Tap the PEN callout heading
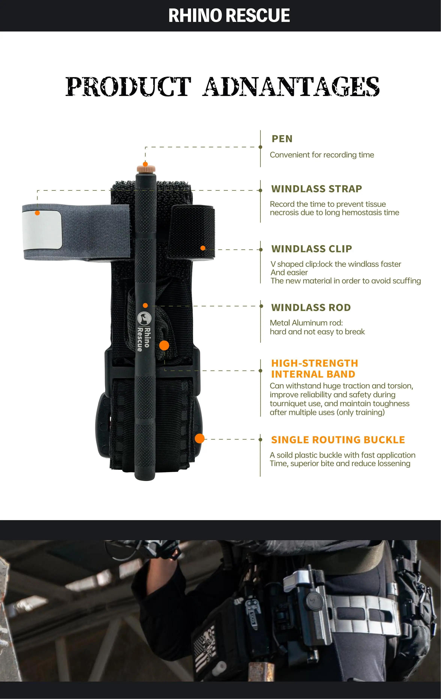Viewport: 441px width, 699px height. click(282, 139)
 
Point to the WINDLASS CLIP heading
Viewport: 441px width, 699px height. click(312, 249)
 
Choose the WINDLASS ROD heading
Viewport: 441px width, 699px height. click(311, 307)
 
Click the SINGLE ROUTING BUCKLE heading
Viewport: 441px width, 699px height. click(338, 440)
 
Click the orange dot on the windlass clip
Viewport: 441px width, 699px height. click(203, 248)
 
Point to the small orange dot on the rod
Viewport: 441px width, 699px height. click(145, 305)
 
